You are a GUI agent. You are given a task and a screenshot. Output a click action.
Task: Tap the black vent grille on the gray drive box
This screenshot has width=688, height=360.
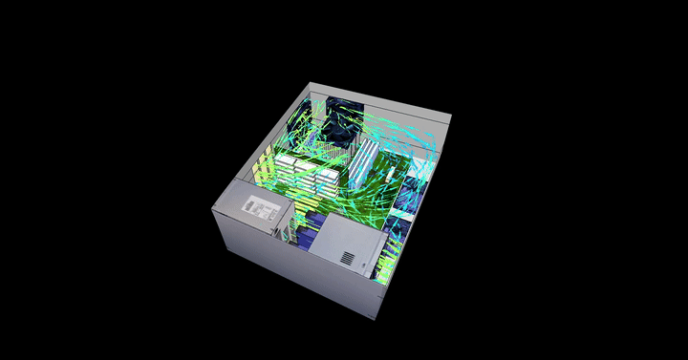point(346,257)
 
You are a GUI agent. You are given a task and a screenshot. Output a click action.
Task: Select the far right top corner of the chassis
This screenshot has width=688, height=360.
point(451,117)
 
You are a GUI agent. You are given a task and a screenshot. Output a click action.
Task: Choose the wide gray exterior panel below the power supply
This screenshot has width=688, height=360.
point(287,267)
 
